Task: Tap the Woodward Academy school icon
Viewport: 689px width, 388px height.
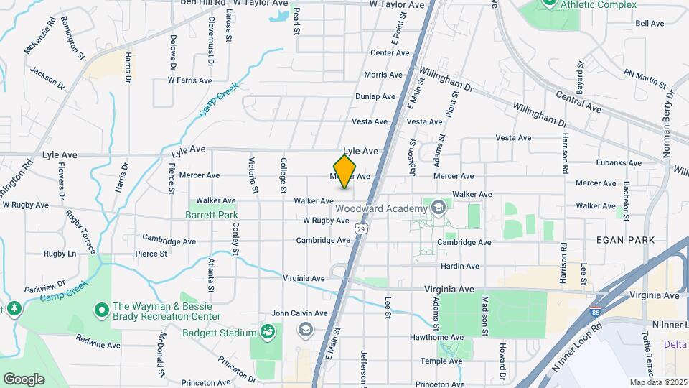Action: click(x=437, y=208)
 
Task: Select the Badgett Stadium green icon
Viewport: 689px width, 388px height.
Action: click(x=267, y=332)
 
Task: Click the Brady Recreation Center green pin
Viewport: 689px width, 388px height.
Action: click(x=102, y=311)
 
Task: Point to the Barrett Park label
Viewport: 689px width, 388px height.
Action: click(x=211, y=215)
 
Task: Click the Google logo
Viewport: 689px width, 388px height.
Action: click(x=24, y=379)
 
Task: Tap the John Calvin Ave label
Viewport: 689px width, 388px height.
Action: click(x=299, y=313)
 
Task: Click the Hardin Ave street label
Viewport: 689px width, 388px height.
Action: click(x=460, y=266)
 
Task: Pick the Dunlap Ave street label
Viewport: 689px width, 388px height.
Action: click(x=375, y=96)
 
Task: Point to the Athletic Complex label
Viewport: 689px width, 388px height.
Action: click(x=598, y=5)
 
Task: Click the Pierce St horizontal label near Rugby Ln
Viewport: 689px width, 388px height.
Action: click(x=151, y=254)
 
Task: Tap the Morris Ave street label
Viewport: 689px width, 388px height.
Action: click(x=383, y=75)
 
